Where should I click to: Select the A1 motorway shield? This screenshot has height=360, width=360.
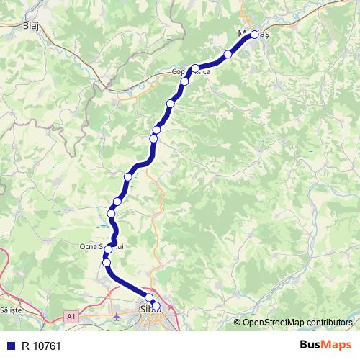coord(71,315)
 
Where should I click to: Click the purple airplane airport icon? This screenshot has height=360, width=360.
coord(118,316)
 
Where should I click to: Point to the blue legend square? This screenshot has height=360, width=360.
coord(9,346)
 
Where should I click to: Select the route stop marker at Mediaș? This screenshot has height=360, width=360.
coord(254,34)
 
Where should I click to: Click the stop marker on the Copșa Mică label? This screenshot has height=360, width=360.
coord(195,68)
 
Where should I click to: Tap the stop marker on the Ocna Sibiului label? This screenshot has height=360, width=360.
coord(109,249)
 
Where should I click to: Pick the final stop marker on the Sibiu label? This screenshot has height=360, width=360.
coord(156,306)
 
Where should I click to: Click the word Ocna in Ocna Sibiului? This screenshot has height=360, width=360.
coord(89,246)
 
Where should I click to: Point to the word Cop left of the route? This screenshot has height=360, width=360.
coord(179,71)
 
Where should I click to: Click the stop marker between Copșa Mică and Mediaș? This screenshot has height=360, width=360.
coord(228,54)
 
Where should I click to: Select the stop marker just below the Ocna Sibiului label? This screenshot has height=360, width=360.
coord(107,262)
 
